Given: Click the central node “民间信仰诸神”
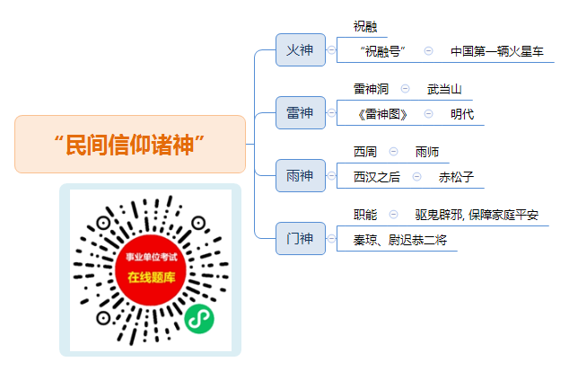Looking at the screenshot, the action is [130, 145].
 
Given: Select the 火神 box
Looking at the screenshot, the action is [301, 49].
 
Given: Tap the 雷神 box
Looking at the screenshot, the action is [301, 112].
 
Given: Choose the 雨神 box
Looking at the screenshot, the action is [301, 175].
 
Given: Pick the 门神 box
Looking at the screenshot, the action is [301, 238].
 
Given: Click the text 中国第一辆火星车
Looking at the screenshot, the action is [497, 51].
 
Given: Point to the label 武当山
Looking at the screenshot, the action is [444, 89].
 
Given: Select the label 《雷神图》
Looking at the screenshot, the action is [382, 114].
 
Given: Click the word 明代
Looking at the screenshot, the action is [462, 114].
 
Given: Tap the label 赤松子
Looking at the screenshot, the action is [456, 177].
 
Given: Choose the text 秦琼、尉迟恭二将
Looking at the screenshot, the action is [400, 240].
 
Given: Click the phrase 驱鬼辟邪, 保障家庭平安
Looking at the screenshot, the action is [477, 215].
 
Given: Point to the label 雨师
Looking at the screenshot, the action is [427, 152].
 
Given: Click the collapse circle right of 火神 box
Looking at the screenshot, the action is [331, 50].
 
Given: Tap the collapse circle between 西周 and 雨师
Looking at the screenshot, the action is [393, 152].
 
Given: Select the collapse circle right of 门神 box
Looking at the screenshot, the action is [331, 239].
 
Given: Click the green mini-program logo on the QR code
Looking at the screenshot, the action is [199, 319].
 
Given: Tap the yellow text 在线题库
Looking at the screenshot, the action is [152, 278].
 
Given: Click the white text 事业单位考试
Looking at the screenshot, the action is [152, 257].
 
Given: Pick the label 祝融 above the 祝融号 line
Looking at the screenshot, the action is [365, 26].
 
